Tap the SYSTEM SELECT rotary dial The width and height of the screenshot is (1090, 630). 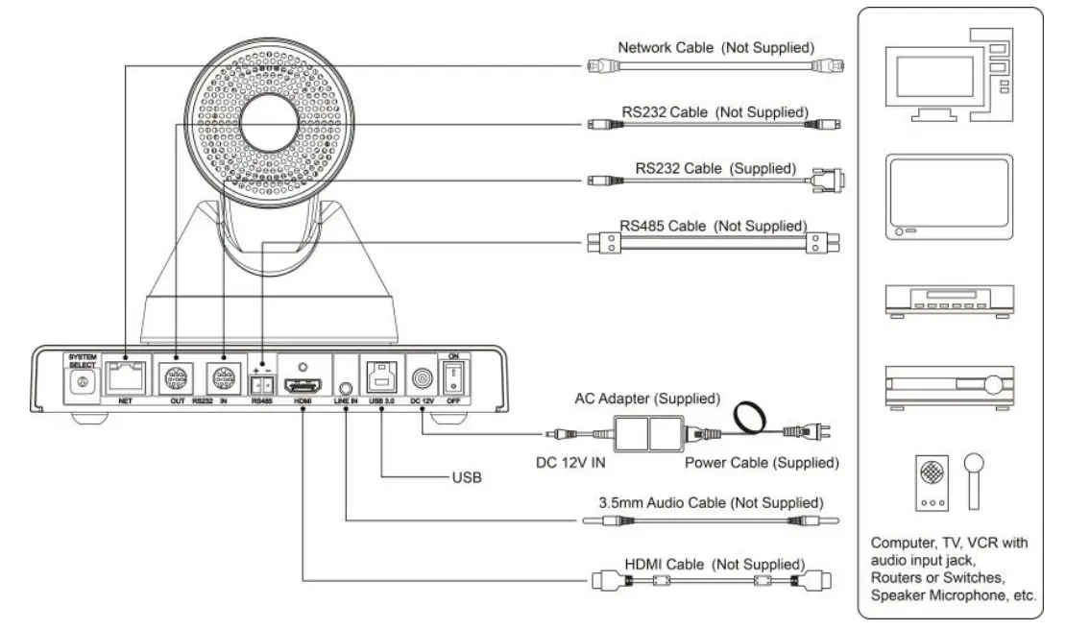coord(82,382)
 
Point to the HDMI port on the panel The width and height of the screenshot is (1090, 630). coord(303,381)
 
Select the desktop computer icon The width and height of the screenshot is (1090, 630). coord(947,75)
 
